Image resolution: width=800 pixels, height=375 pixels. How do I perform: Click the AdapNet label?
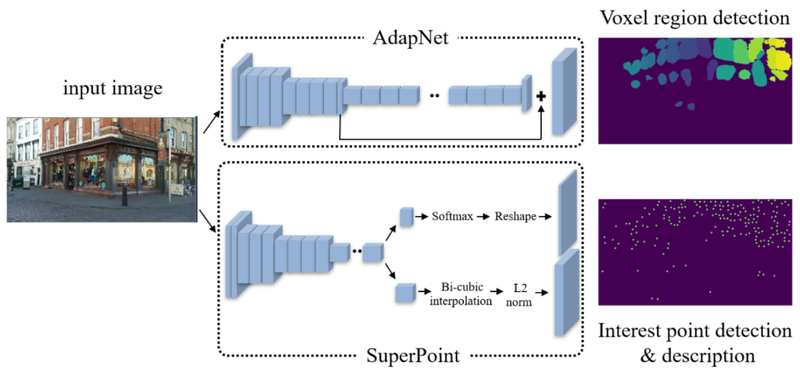pos(410,39)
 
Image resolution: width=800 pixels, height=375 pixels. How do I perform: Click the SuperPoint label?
pos(413,355)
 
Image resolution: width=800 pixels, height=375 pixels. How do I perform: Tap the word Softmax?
pos(452,216)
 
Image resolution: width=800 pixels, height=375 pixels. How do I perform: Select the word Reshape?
pos(515,216)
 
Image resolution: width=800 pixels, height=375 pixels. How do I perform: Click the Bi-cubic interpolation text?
pos(461,294)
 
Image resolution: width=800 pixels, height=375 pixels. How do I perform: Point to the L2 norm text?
pos(519,295)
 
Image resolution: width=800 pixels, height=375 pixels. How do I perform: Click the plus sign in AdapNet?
pos(541,96)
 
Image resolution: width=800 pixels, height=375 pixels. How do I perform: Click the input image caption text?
pos(112,88)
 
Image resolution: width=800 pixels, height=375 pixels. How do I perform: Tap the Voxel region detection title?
pos(695,18)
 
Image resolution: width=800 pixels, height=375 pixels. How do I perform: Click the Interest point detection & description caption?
pos(695,343)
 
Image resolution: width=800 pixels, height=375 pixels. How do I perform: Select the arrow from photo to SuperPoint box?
pos(207,221)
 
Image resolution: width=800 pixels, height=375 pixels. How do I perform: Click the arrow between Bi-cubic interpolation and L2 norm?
pos(496,291)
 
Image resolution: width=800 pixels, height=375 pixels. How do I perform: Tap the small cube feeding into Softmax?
pos(406,217)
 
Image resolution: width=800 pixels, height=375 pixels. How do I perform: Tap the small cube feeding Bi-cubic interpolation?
pos(405,293)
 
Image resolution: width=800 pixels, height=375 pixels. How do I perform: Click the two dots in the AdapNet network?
pos(434,96)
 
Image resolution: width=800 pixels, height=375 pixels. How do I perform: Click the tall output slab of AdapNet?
pos(564,92)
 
